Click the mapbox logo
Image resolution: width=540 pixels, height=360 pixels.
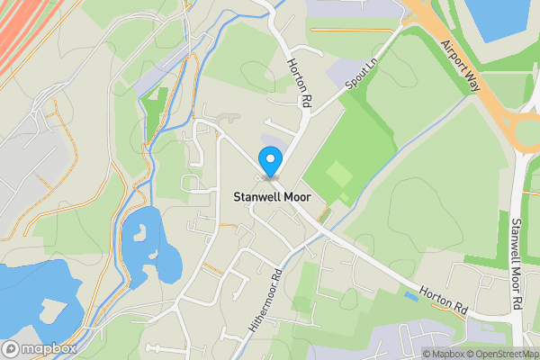point(38,348)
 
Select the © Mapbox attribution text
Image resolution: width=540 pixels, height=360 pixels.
point(442,354)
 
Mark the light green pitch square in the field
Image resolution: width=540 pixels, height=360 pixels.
point(338,172)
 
